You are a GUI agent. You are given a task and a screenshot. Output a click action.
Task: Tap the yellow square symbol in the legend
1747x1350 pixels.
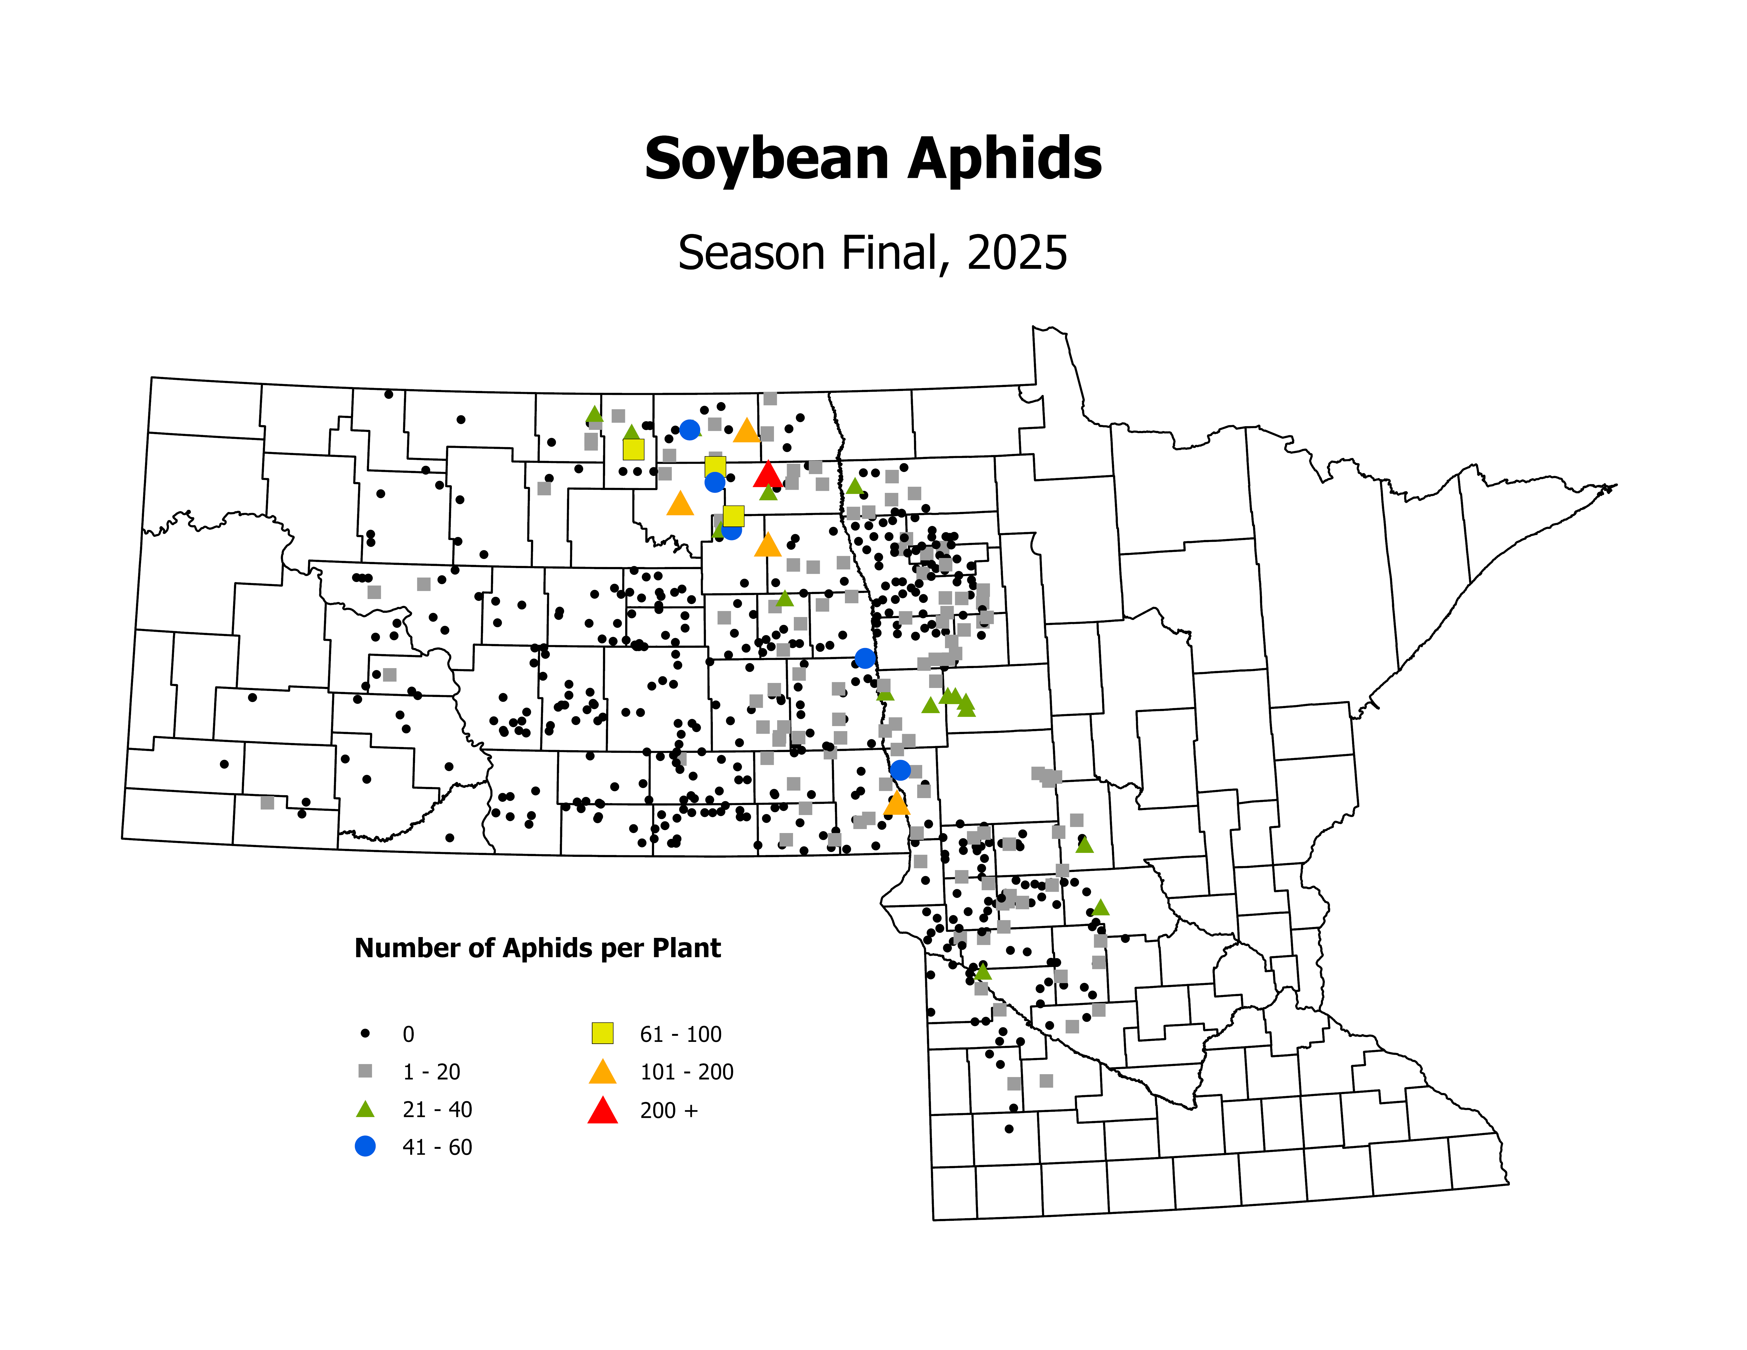coord(602,1033)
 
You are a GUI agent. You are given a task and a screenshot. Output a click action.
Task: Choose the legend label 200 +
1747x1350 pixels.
coord(669,1110)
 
